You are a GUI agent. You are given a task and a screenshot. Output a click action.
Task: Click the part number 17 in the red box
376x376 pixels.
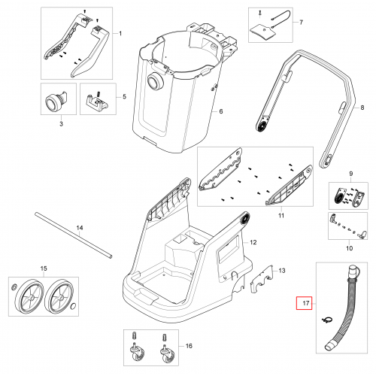tap(305, 303)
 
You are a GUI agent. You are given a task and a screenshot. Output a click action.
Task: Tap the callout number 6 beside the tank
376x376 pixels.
tap(221, 111)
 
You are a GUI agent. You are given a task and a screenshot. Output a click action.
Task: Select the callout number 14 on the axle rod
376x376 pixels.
tap(80, 228)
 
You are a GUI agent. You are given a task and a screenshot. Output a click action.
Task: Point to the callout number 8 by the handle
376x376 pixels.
tap(362, 108)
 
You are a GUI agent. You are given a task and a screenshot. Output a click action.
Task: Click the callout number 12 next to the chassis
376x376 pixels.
tap(253, 242)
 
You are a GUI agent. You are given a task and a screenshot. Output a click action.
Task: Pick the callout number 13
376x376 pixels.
tap(282, 271)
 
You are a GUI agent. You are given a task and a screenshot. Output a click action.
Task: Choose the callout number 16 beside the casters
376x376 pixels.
tap(189, 346)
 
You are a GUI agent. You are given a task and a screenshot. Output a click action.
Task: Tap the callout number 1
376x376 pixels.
tap(120, 33)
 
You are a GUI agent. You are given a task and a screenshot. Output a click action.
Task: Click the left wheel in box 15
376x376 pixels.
tap(29, 296)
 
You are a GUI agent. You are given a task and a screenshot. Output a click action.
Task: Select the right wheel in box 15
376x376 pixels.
tap(59, 296)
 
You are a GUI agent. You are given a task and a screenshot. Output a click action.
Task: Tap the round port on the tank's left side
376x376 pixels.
tap(155, 82)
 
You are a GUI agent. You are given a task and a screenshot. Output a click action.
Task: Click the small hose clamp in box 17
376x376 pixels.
tap(327, 320)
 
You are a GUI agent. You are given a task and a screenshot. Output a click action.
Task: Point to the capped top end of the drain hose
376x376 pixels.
tap(353, 271)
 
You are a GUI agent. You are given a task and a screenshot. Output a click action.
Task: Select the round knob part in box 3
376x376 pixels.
tap(56, 102)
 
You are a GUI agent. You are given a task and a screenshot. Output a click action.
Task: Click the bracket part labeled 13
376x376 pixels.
tap(262, 279)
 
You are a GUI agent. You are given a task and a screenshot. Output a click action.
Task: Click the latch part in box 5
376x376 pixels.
tap(97, 102)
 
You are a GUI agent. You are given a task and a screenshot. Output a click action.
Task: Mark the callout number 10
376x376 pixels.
tap(349, 248)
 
